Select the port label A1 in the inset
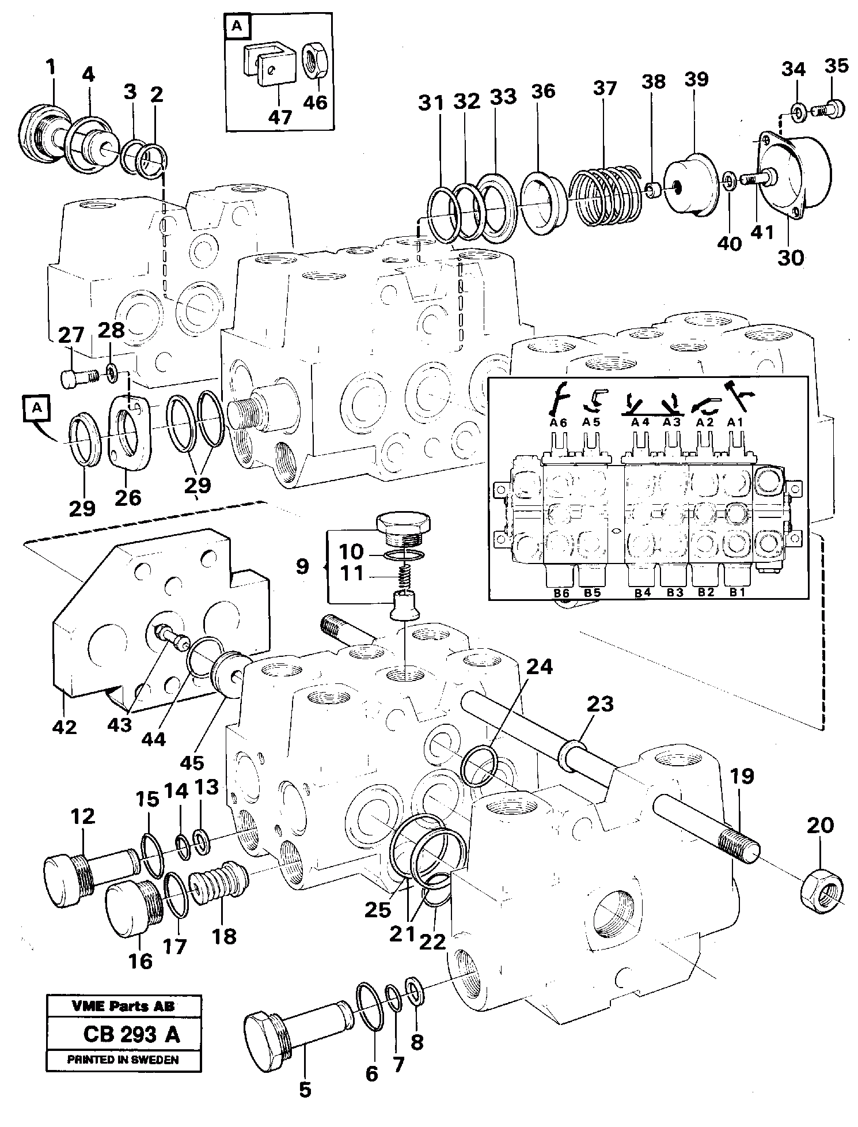(x=735, y=422)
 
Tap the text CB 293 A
(x=131, y=1035)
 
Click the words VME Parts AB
(x=123, y=1007)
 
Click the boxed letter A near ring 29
(x=37, y=408)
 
